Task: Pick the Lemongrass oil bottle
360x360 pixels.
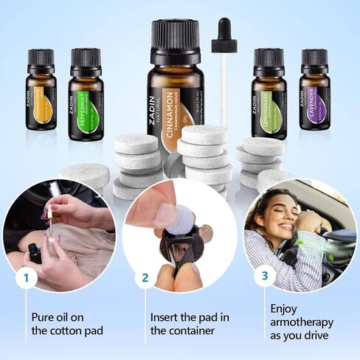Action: [x=268, y=91]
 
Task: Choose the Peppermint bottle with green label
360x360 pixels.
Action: [x=86, y=93]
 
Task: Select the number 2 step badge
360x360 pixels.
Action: [x=145, y=279]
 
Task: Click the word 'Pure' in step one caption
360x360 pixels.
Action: [x=42, y=316]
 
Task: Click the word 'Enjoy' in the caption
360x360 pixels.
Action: [x=285, y=308]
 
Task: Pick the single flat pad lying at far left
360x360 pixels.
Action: [x=84, y=175]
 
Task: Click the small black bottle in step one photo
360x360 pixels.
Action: [x=34, y=253]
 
